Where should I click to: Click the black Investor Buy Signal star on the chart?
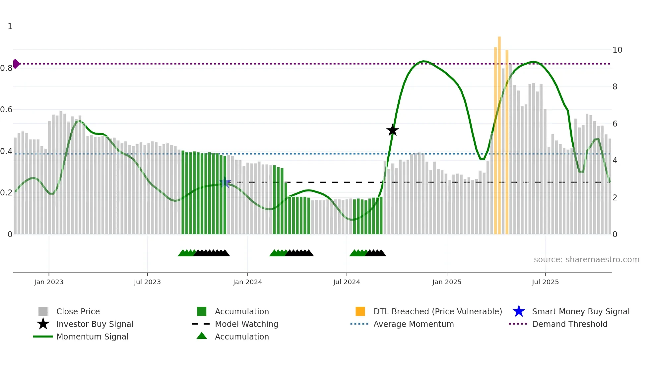click(x=392, y=130)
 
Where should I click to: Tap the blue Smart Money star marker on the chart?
click(x=225, y=182)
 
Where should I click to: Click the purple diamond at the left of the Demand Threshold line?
click(x=16, y=64)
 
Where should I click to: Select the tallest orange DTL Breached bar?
click(x=499, y=132)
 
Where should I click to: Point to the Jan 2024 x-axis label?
click(x=247, y=282)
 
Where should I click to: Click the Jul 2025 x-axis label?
click(x=545, y=282)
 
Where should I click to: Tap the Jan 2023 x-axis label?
click(x=49, y=282)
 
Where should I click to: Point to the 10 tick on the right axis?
click(x=617, y=50)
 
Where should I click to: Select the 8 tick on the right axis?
click(x=615, y=87)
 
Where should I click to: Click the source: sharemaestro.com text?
click(x=586, y=259)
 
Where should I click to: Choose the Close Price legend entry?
click(x=78, y=311)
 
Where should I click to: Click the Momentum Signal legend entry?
click(x=92, y=337)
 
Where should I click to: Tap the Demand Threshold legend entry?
click(x=569, y=324)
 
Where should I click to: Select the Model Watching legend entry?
click(x=246, y=324)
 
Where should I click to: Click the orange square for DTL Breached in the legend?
click(x=360, y=311)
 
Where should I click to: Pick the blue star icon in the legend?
click(x=519, y=311)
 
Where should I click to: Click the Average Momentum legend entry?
click(x=414, y=324)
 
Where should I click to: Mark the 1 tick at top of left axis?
click(x=10, y=26)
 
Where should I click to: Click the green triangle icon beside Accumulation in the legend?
click(x=202, y=336)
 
